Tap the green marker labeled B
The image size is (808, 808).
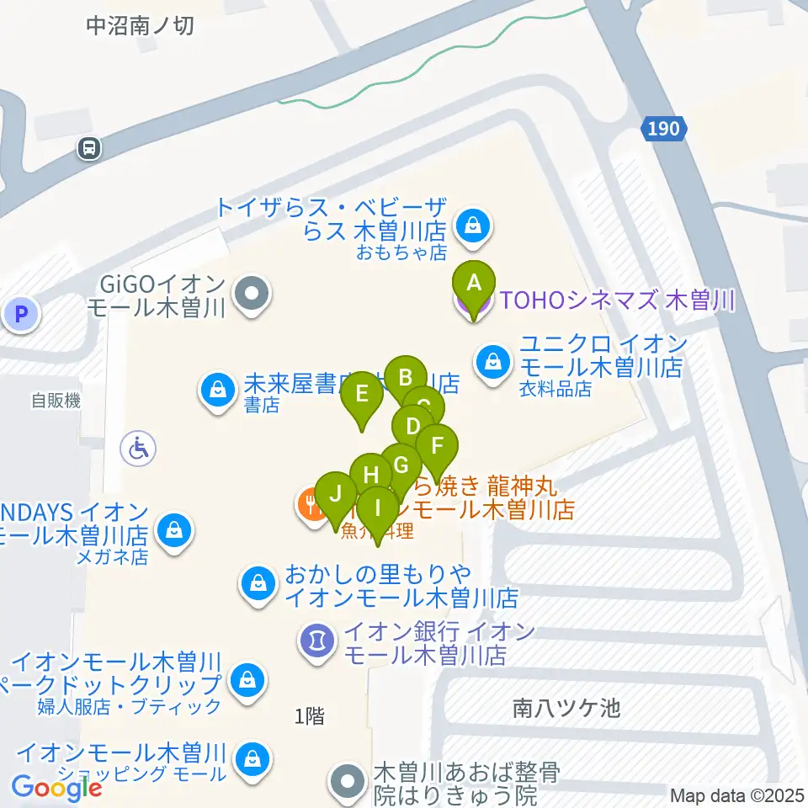406,378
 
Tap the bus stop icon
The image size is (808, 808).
88,149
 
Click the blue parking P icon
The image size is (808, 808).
21,316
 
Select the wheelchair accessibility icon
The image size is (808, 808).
138,448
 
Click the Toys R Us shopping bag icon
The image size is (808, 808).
473,225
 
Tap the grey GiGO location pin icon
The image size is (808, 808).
251,295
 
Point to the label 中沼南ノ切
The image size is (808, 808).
141,26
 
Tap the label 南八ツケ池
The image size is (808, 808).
566,709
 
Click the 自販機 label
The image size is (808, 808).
56,401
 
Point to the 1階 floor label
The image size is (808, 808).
309,716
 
